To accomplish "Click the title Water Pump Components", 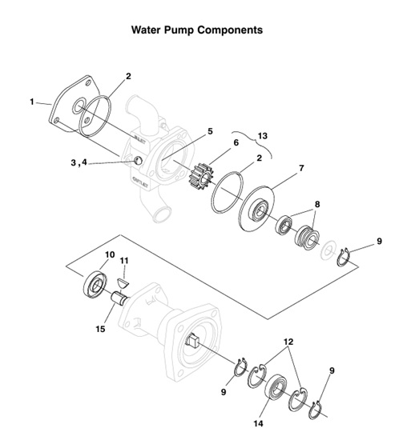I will (197, 30).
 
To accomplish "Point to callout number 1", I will (32, 102).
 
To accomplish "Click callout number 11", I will (124, 260).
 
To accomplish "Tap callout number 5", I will (209, 130).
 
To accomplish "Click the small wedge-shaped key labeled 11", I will (123, 281).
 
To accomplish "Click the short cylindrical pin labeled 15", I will (120, 305).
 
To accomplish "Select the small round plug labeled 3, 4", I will (137, 162).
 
